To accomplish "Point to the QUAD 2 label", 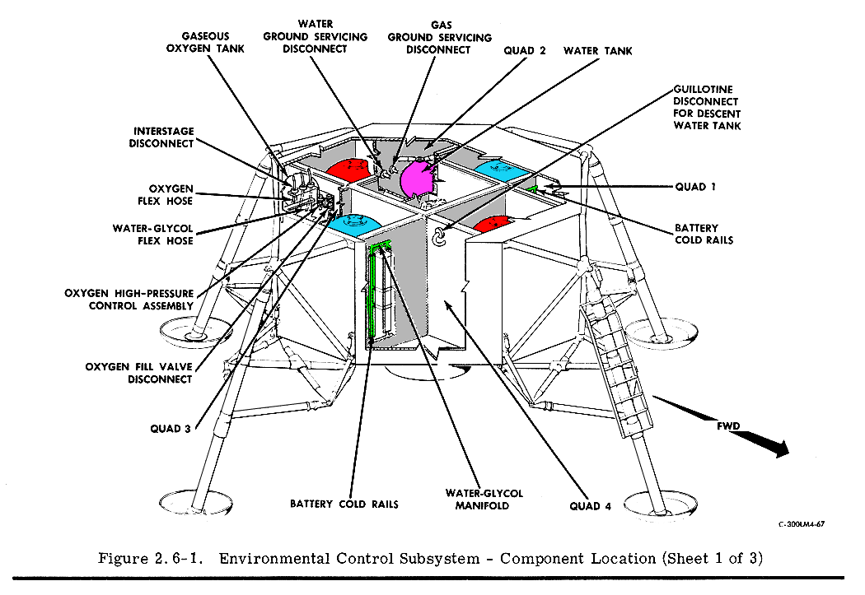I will point(525,51).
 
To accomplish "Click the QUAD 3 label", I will point(171,428).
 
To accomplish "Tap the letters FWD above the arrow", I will point(728,425).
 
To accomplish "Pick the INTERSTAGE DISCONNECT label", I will point(161,137).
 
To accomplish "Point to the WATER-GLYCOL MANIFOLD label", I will point(484,500).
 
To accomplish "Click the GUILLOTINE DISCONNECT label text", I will point(707,107).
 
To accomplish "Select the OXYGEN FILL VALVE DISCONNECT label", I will point(138,373).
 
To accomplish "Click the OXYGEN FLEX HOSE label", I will point(171,194).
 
